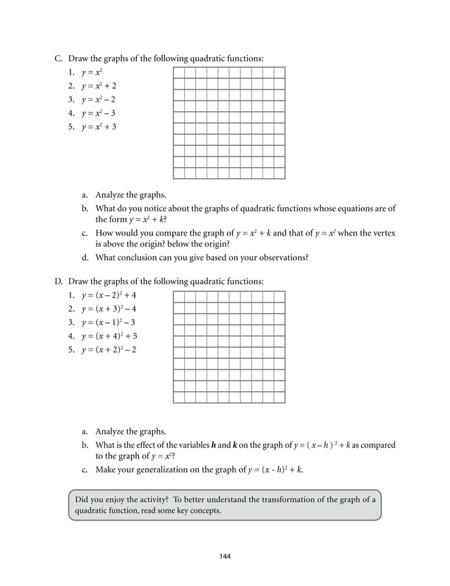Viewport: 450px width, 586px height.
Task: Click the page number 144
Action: (225, 557)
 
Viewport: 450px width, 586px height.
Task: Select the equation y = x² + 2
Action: (99, 85)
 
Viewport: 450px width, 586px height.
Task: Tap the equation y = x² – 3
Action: (99, 113)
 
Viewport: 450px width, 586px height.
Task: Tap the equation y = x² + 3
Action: (99, 127)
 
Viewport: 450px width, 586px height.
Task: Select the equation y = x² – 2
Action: (99, 99)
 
